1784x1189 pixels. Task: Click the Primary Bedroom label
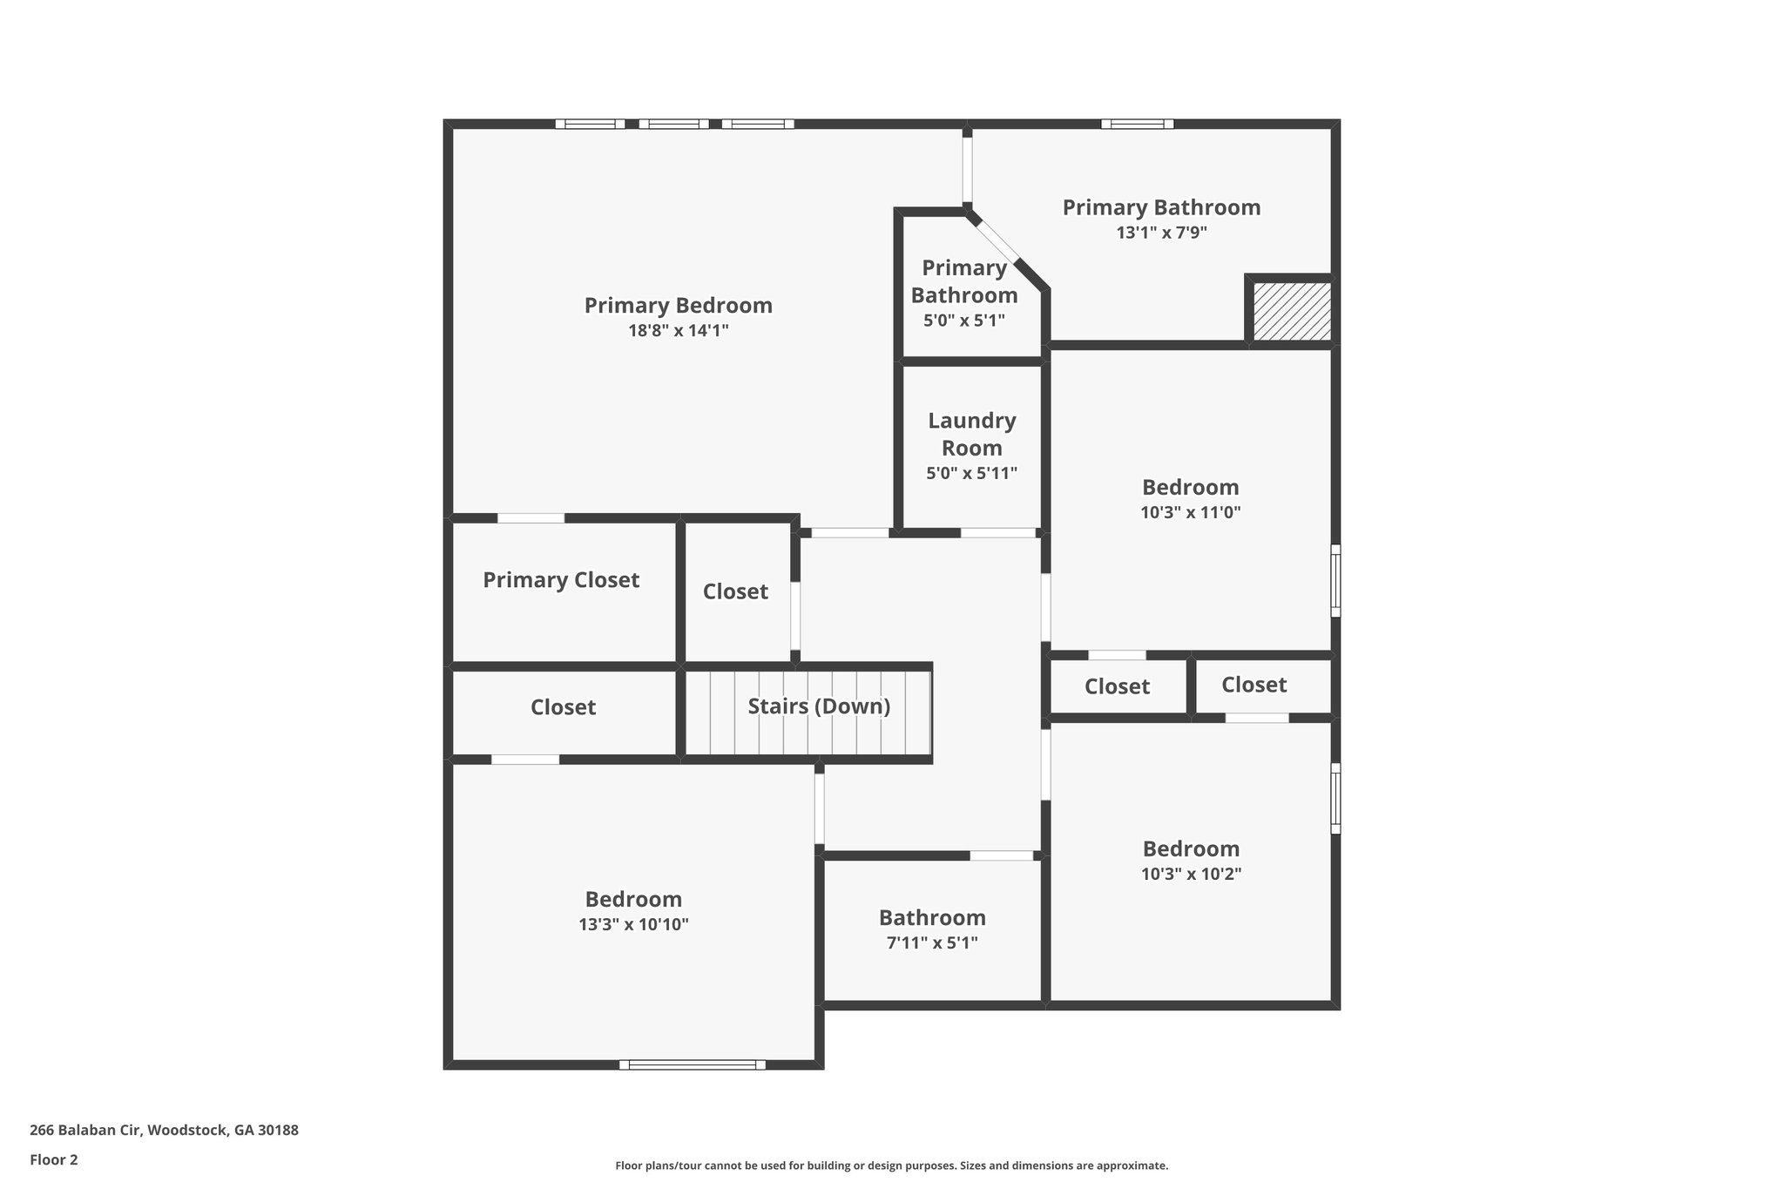click(x=678, y=306)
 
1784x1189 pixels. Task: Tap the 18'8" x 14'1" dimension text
click(x=678, y=331)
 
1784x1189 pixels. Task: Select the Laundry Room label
click(x=971, y=434)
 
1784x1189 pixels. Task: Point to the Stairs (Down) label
click(x=819, y=706)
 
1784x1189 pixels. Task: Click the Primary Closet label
click(x=561, y=580)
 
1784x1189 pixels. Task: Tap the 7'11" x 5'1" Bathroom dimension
click(x=932, y=942)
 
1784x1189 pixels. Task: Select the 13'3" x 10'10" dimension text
click(x=633, y=924)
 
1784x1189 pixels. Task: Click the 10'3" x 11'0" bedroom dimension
click(x=1190, y=512)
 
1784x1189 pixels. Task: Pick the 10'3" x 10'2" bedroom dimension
click(x=1191, y=874)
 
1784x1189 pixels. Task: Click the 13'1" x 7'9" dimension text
click(x=1161, y=233)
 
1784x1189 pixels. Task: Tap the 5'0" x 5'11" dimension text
click(x=971, y=474)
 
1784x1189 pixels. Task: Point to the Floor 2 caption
click(x=53, y=1159)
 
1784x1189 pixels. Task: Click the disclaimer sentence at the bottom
click(x=891, y=1165)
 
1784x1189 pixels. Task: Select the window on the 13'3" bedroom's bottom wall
click(x=693, y=1064)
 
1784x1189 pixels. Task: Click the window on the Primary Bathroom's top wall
click(x=1137, y=124)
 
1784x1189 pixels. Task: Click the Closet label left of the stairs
click(x=563, y=707)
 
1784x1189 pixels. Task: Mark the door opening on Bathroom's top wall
click(x=1002, y=855)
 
